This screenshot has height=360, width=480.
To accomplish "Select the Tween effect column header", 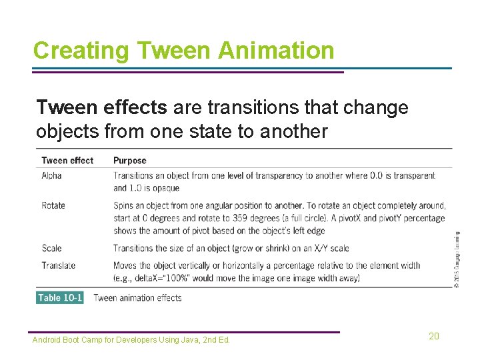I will point(67,160).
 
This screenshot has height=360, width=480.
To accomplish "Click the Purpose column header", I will point(129,160).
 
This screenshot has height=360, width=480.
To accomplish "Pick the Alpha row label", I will point(51,175).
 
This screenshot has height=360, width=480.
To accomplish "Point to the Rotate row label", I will point(53,205).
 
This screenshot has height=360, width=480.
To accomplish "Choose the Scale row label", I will point(51,248).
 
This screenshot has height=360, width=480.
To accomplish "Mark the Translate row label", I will point(58,265).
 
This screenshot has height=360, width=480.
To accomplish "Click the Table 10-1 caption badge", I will point(60,297).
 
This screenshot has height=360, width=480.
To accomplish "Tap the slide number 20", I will point(433,336).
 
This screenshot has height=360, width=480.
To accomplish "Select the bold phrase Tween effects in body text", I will point(101,107).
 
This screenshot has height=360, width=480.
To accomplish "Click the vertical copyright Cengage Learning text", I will point(456,260).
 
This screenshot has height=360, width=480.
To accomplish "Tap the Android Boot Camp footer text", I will point(131,340).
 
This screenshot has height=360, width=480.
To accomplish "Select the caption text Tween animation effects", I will point(137,297).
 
